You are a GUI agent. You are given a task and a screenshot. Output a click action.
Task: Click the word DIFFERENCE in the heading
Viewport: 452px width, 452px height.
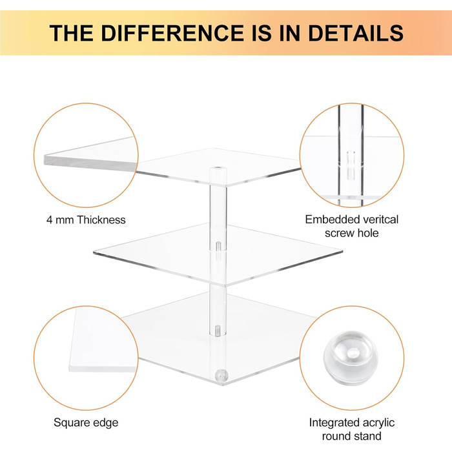(172, 33)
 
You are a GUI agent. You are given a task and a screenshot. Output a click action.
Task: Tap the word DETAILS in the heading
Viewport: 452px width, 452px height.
(356, 33)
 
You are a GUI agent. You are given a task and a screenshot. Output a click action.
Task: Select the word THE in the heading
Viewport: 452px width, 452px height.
(72, 33)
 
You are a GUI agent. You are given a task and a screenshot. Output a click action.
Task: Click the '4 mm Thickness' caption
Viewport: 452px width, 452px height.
(86, 220)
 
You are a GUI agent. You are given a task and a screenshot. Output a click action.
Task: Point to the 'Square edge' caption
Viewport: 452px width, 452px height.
(86, 423)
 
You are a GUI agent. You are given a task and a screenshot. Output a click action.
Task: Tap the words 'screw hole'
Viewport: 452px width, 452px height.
(352, 233)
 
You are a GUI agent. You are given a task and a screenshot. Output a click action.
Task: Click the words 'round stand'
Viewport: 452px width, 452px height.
(352, 436)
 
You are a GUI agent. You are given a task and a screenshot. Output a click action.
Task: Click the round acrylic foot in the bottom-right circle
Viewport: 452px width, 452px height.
(350, 357)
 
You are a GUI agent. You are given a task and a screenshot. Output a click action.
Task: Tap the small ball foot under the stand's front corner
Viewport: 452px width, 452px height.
(221, 376)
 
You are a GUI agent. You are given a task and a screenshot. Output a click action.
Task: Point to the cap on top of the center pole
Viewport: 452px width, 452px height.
(218, 172)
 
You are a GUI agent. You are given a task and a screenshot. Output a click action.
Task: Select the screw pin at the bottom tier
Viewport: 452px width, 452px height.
(218, 331)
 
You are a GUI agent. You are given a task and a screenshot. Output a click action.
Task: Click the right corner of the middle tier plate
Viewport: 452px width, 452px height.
(342, 251)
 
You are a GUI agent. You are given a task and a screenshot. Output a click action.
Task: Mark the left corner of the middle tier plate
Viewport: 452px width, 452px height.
(94, 253)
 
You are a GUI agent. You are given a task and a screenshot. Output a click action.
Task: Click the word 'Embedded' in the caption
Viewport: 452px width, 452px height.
(326, 220)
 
